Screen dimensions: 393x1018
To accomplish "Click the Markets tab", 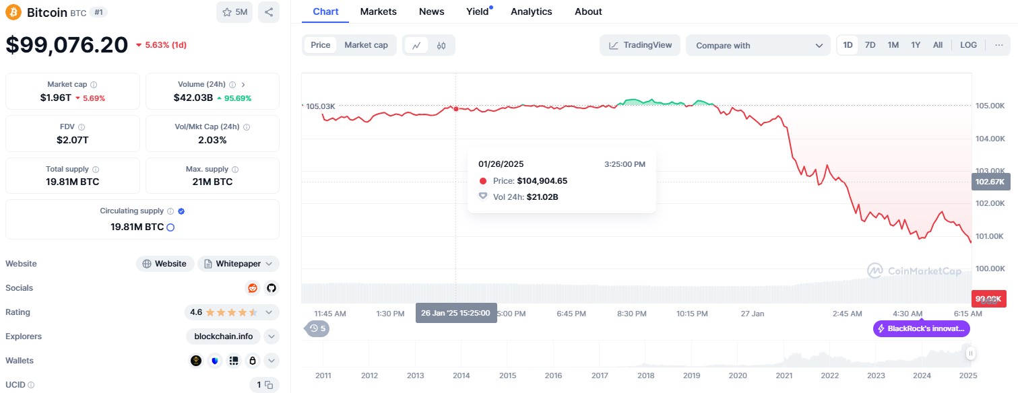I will pyautogui.click(x=378, y=11).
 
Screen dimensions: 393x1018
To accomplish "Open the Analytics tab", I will pyautogui.click(x=531, y=11).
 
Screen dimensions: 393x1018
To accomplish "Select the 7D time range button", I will pyautogui.click(x=870, y=45).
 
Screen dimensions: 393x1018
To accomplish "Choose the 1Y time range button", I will pyautogui.click(x=916, y=45).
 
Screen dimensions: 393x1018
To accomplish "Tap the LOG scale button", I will pyautogui.click(x=968, y=45).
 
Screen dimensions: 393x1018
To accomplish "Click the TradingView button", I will pyautogui.click(x=640, y=45).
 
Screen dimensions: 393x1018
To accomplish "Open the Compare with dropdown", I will pyautogui.click(x=758, y=45).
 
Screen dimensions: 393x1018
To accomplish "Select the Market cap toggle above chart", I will pyautogui.click(x=366, y=45).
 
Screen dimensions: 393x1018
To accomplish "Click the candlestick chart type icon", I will pyautogui.click(x=441, y=45).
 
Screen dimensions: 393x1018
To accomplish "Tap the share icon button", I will pyautogui.click(x=268, y=12).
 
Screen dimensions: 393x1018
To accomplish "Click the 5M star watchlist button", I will pyautogui.click(x=234, y=12).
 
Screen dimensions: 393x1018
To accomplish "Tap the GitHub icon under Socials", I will pyautogui.click(x=271, y=288).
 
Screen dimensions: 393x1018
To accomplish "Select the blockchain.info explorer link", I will pyautogui.click(x=223, y=336).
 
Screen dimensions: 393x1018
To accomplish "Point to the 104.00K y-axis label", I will pyautogui.click(x=990, y=139).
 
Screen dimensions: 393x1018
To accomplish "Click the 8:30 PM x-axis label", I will pyautogui.click(x=631, y=314).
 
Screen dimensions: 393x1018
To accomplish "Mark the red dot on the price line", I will pyautogui.click(x=456, y=108).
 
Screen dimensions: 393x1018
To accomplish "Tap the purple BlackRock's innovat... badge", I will pyautogui.click(x=922, y=328).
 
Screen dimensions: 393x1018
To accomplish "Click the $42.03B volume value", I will pyautogui.click(x=193, y=98).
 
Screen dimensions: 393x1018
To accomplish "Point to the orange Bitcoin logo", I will pyautogui.click(x=13, y=12).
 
